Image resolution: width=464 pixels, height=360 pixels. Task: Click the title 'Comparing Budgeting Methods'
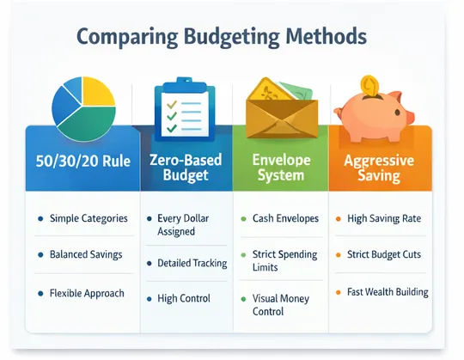pyautogui.click(x=222, y=38)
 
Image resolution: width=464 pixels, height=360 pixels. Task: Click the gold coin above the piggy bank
pyautogui.click(x=371, y=84)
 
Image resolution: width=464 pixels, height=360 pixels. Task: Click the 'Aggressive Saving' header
pyautogui.click(x=377, y=168)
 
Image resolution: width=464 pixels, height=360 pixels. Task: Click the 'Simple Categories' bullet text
pyautogui.click(x=88, y=219)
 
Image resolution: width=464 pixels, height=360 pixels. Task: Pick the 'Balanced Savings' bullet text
pyautogui.click(x=85, y=254)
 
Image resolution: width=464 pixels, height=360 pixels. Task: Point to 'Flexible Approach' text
pyautogui.click(x=87, y=293)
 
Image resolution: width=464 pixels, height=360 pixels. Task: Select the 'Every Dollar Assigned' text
pyautogui.click(x=184, y=225)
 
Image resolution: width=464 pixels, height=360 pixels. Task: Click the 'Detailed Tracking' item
pyautogui.click(x=191, y=263)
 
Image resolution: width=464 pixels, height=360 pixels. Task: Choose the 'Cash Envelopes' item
pyautogui.click(x=284, y=219)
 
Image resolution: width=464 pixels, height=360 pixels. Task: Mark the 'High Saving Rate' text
pyautogui.click(x=383, y=219)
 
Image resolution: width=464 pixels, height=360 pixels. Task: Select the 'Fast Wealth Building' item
pyautogui.click(x=387, y=293)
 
